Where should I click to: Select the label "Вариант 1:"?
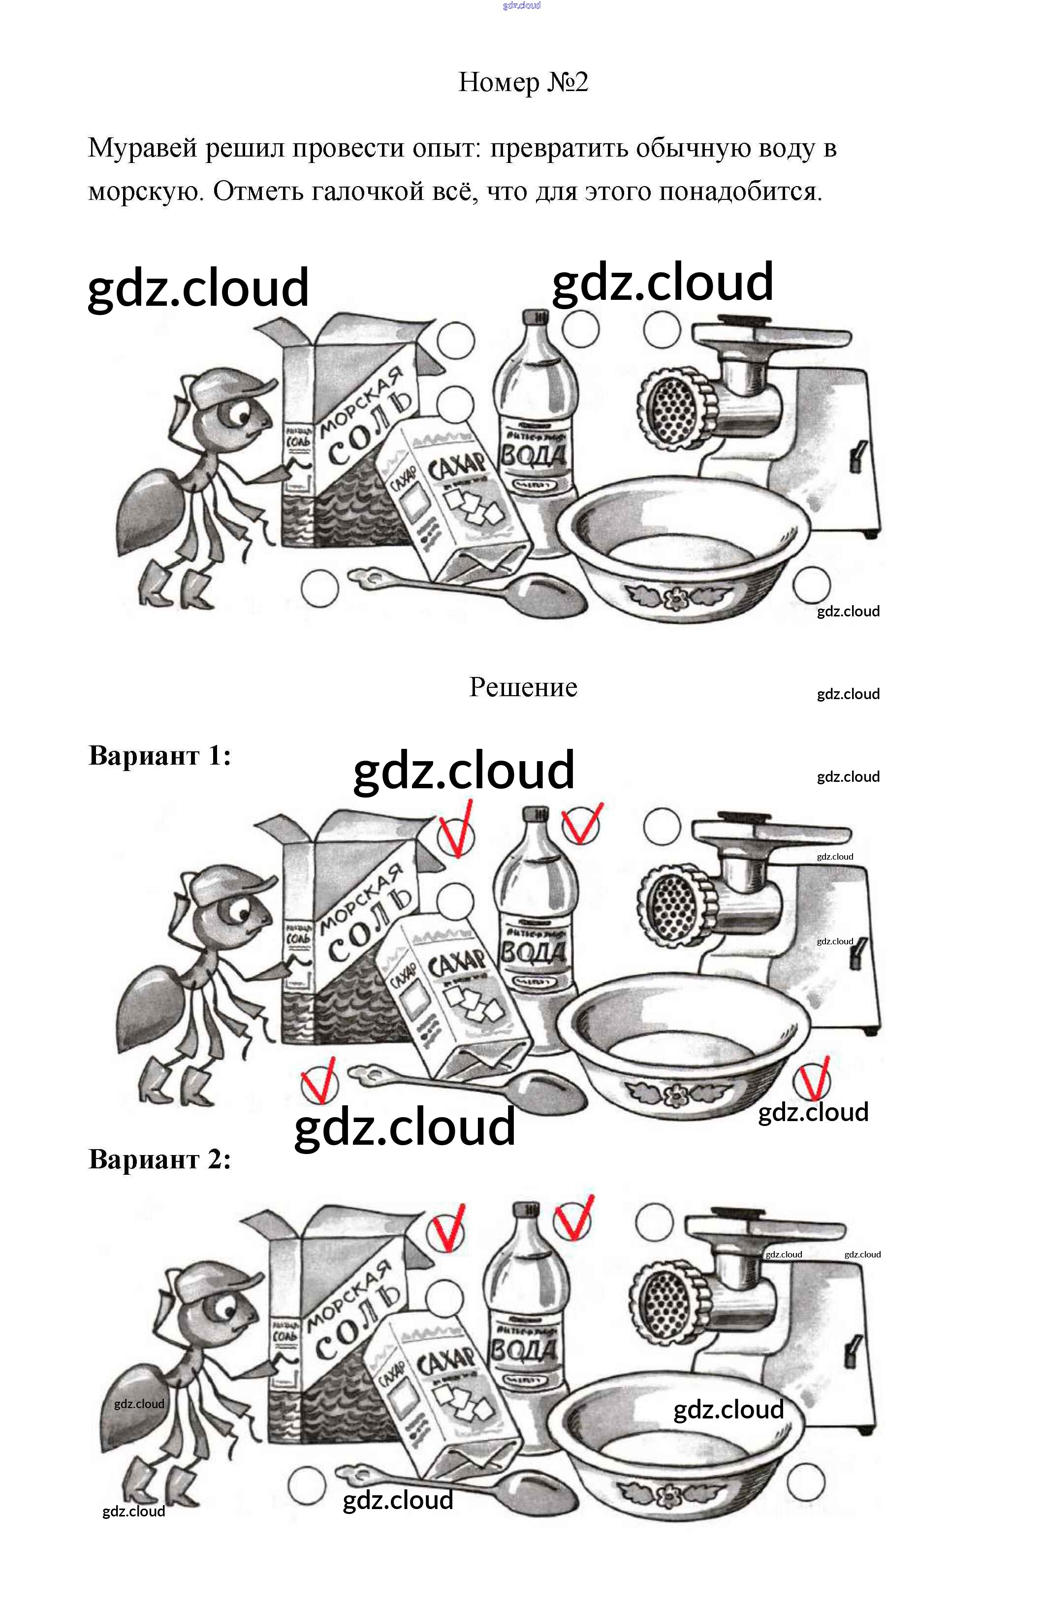pos(159,755)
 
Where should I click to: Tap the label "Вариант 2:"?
pos(159,1159)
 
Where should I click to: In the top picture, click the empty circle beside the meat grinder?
pos(661,329)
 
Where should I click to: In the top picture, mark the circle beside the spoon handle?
pos(319,587)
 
